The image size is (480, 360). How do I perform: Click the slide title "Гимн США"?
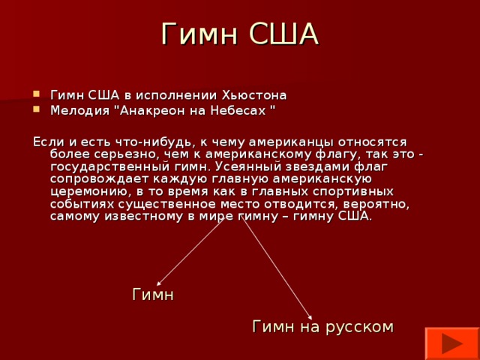(240, 34)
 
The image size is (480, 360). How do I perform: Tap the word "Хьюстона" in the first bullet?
(255, 95)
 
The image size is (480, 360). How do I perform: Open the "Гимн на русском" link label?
(322, 326)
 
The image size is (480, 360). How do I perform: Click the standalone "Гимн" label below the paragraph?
(153, 295)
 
